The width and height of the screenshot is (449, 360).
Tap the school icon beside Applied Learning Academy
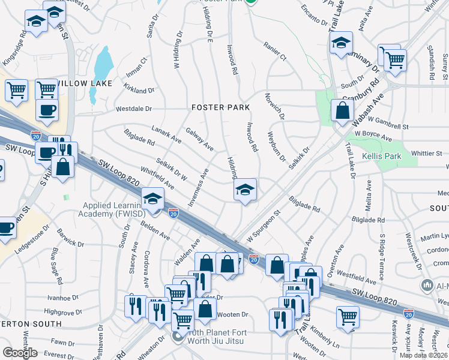tap(153, 199)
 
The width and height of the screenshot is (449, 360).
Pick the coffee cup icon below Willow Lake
tap(47, 110)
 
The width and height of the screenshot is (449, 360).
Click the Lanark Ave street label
tap(166, 136)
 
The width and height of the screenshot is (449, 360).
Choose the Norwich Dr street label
tap(274, 108)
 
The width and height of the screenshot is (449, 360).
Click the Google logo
tap(20, 353)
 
